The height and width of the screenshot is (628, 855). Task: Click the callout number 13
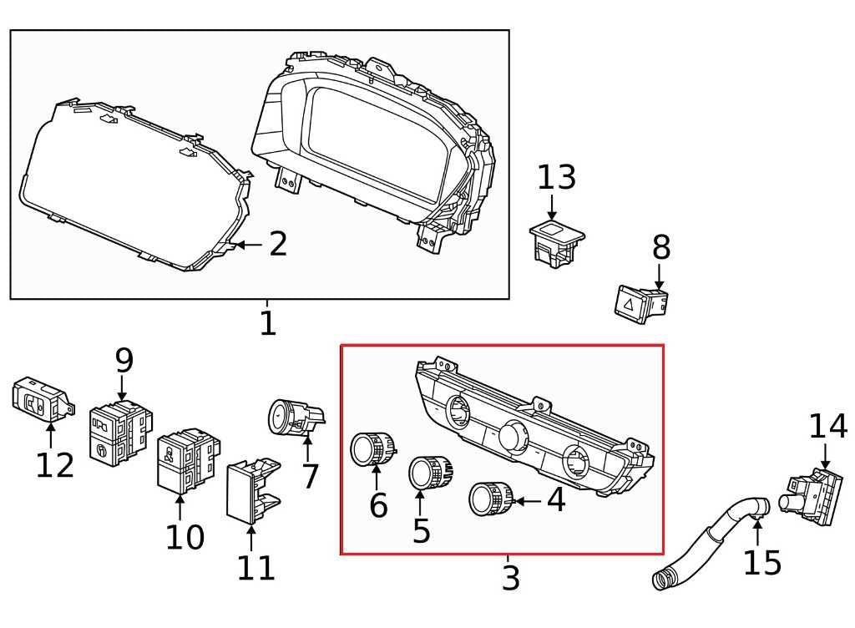tap(556, 178)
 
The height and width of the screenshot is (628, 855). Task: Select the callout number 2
tap(277, 245)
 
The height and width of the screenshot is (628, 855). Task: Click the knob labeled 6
tap(372, 450)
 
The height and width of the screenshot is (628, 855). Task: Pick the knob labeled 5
tap(429, 474)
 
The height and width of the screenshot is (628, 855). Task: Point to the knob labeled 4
tap(489, 499)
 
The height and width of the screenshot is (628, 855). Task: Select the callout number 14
tap(827, 427)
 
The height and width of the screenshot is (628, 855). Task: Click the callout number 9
tap(124, 361)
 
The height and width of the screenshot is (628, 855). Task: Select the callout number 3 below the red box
tap(510, 578)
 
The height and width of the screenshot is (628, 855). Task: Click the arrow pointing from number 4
tap(526, 501)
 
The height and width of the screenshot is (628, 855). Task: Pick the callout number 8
tap(660, 248)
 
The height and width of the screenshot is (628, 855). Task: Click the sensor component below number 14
tap(810, 497)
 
